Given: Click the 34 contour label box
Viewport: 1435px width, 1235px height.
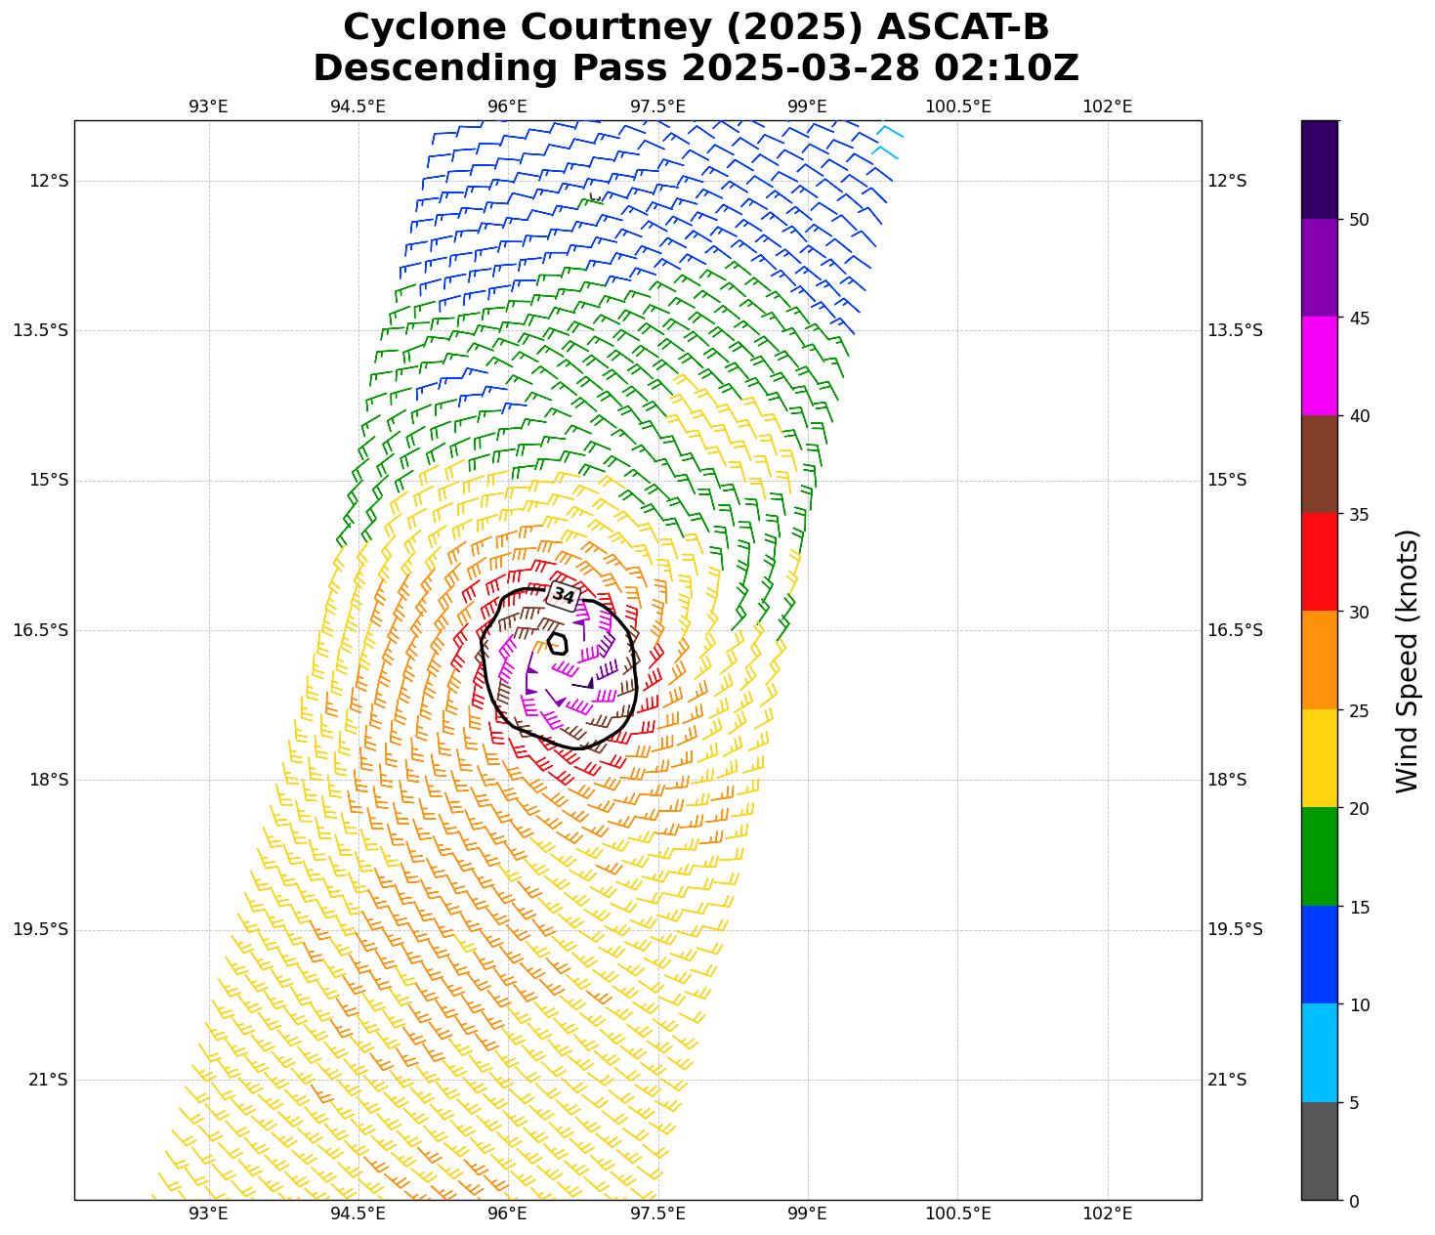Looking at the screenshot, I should coord(564,595).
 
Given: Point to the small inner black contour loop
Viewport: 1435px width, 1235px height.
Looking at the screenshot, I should coord(558,643).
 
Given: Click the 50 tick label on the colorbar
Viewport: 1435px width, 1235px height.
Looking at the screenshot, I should coord(1358,220).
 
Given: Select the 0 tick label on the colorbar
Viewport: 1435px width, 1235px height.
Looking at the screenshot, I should coord(1353,1201).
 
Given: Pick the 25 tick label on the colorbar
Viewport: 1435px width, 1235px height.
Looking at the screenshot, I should coord(1358,710).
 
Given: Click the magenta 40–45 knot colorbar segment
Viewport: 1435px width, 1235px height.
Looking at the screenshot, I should coord(1319,366).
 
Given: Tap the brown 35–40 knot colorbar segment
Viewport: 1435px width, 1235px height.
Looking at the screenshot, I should coord(1319,464).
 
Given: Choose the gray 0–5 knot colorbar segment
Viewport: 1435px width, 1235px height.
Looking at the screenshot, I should coord(1319,1151).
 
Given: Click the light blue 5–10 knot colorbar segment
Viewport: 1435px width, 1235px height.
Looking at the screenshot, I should coord(1319,1053).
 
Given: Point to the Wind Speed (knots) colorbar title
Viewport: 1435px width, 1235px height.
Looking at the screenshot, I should coord(1407,660).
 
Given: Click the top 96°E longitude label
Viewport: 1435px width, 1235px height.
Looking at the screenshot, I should coord(508,106).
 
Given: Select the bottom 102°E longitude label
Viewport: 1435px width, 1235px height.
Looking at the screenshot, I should coord(1107,1214).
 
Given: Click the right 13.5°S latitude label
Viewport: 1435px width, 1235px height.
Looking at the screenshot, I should coord(1235,330).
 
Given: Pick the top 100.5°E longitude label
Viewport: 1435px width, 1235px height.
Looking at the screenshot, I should coord(957,106).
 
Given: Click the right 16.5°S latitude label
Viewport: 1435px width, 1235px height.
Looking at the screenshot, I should coord(1235,630).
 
